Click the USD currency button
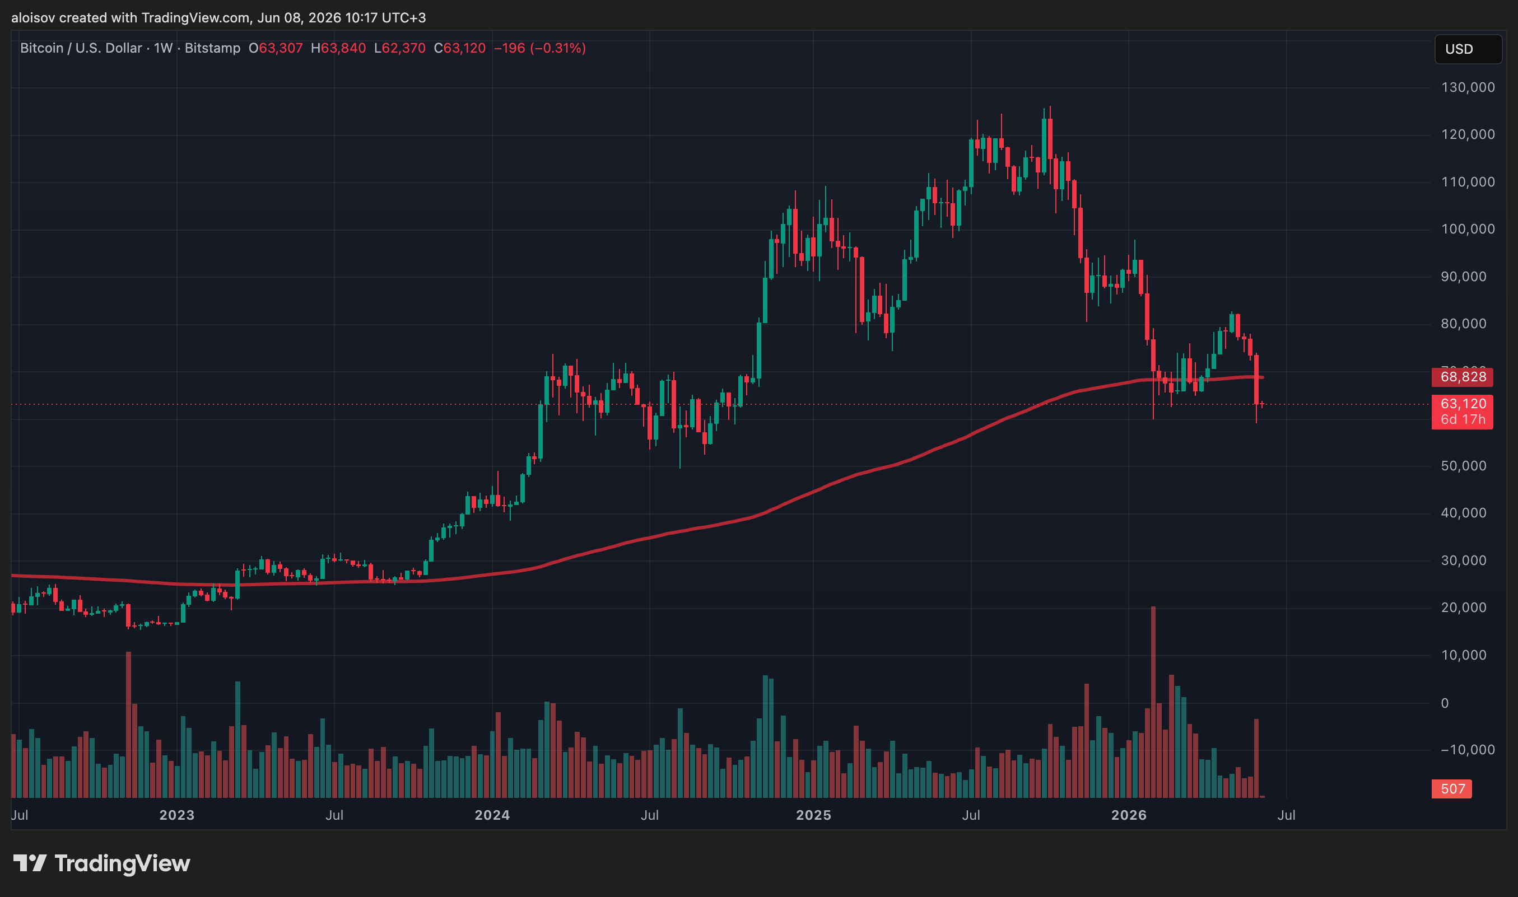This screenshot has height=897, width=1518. click(x=1467, y=49)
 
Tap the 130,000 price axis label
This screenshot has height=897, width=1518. click(x=1468, y=88)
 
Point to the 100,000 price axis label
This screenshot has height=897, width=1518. click(x=1468, y=229)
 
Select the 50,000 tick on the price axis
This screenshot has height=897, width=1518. click(x=1464, y=466)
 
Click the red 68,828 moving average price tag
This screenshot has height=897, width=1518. click(x=1462, y=377)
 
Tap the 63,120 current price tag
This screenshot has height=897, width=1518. click(x=1463, y=404)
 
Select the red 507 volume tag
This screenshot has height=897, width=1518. click(x=1451, y=789)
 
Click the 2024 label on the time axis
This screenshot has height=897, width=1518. click(x=492, y=815)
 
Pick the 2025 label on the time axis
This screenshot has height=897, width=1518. click(x=813, y=815)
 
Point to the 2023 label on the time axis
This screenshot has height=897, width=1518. click(x=176, y=815)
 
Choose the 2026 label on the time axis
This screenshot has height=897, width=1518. click(x=1129, y=815)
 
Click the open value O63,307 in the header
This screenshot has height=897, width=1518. click(x=276, y=48)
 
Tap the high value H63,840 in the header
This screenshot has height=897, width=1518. click(x=338, y=48)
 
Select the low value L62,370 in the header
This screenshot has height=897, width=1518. click(x=399, y=48)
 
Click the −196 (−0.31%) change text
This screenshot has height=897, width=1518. click(x=540, y=48)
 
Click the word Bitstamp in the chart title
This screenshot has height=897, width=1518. click(x=212, y=48)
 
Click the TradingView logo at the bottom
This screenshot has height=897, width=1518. click(x=101, y=863)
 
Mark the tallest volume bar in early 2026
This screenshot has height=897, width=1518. click(x=1153, y=702)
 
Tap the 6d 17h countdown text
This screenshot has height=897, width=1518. click(x=1463, y=419)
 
